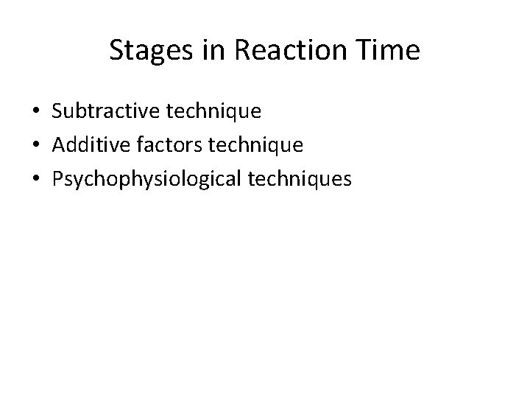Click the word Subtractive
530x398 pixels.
(101, 111)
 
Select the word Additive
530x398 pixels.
(87, 145)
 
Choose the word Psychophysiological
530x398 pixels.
(144, 179)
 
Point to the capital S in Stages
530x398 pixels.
(116, 51)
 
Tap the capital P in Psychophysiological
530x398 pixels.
(57, 179)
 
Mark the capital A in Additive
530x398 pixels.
(58, 145)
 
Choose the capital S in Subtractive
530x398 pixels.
(57, 111)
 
